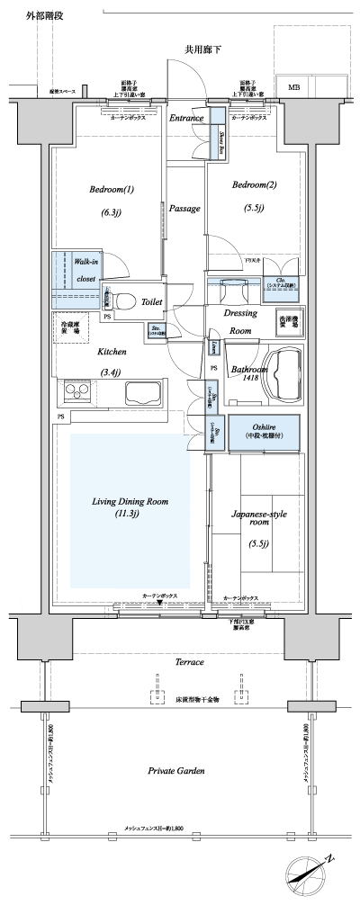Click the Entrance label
pyautogui.click(x=187, y=118)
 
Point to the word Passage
pyautogui.click(x=184, y=208)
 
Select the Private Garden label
pyautogui.click(x=175, y=771)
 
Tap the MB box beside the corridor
pyautogui.click(x=294, y=87)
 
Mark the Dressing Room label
pyautogui.click(x=240, y=321)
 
